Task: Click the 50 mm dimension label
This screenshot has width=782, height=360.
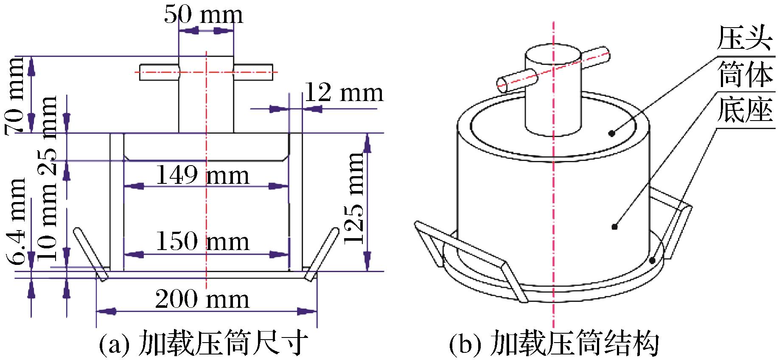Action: [204, 15]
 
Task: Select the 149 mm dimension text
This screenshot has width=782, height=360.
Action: [203, 175]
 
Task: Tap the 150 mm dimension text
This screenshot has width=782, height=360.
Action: [203, 242]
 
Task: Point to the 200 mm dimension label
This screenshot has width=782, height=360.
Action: [202, 299]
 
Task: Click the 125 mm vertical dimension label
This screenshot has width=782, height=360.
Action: [355, 198]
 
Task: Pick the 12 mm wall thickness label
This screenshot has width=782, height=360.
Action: [344, 93]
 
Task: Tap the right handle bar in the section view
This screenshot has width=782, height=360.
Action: [253, 73]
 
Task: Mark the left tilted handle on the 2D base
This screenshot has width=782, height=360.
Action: [91, 254]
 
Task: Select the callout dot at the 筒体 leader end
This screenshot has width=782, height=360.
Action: [614, 227]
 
